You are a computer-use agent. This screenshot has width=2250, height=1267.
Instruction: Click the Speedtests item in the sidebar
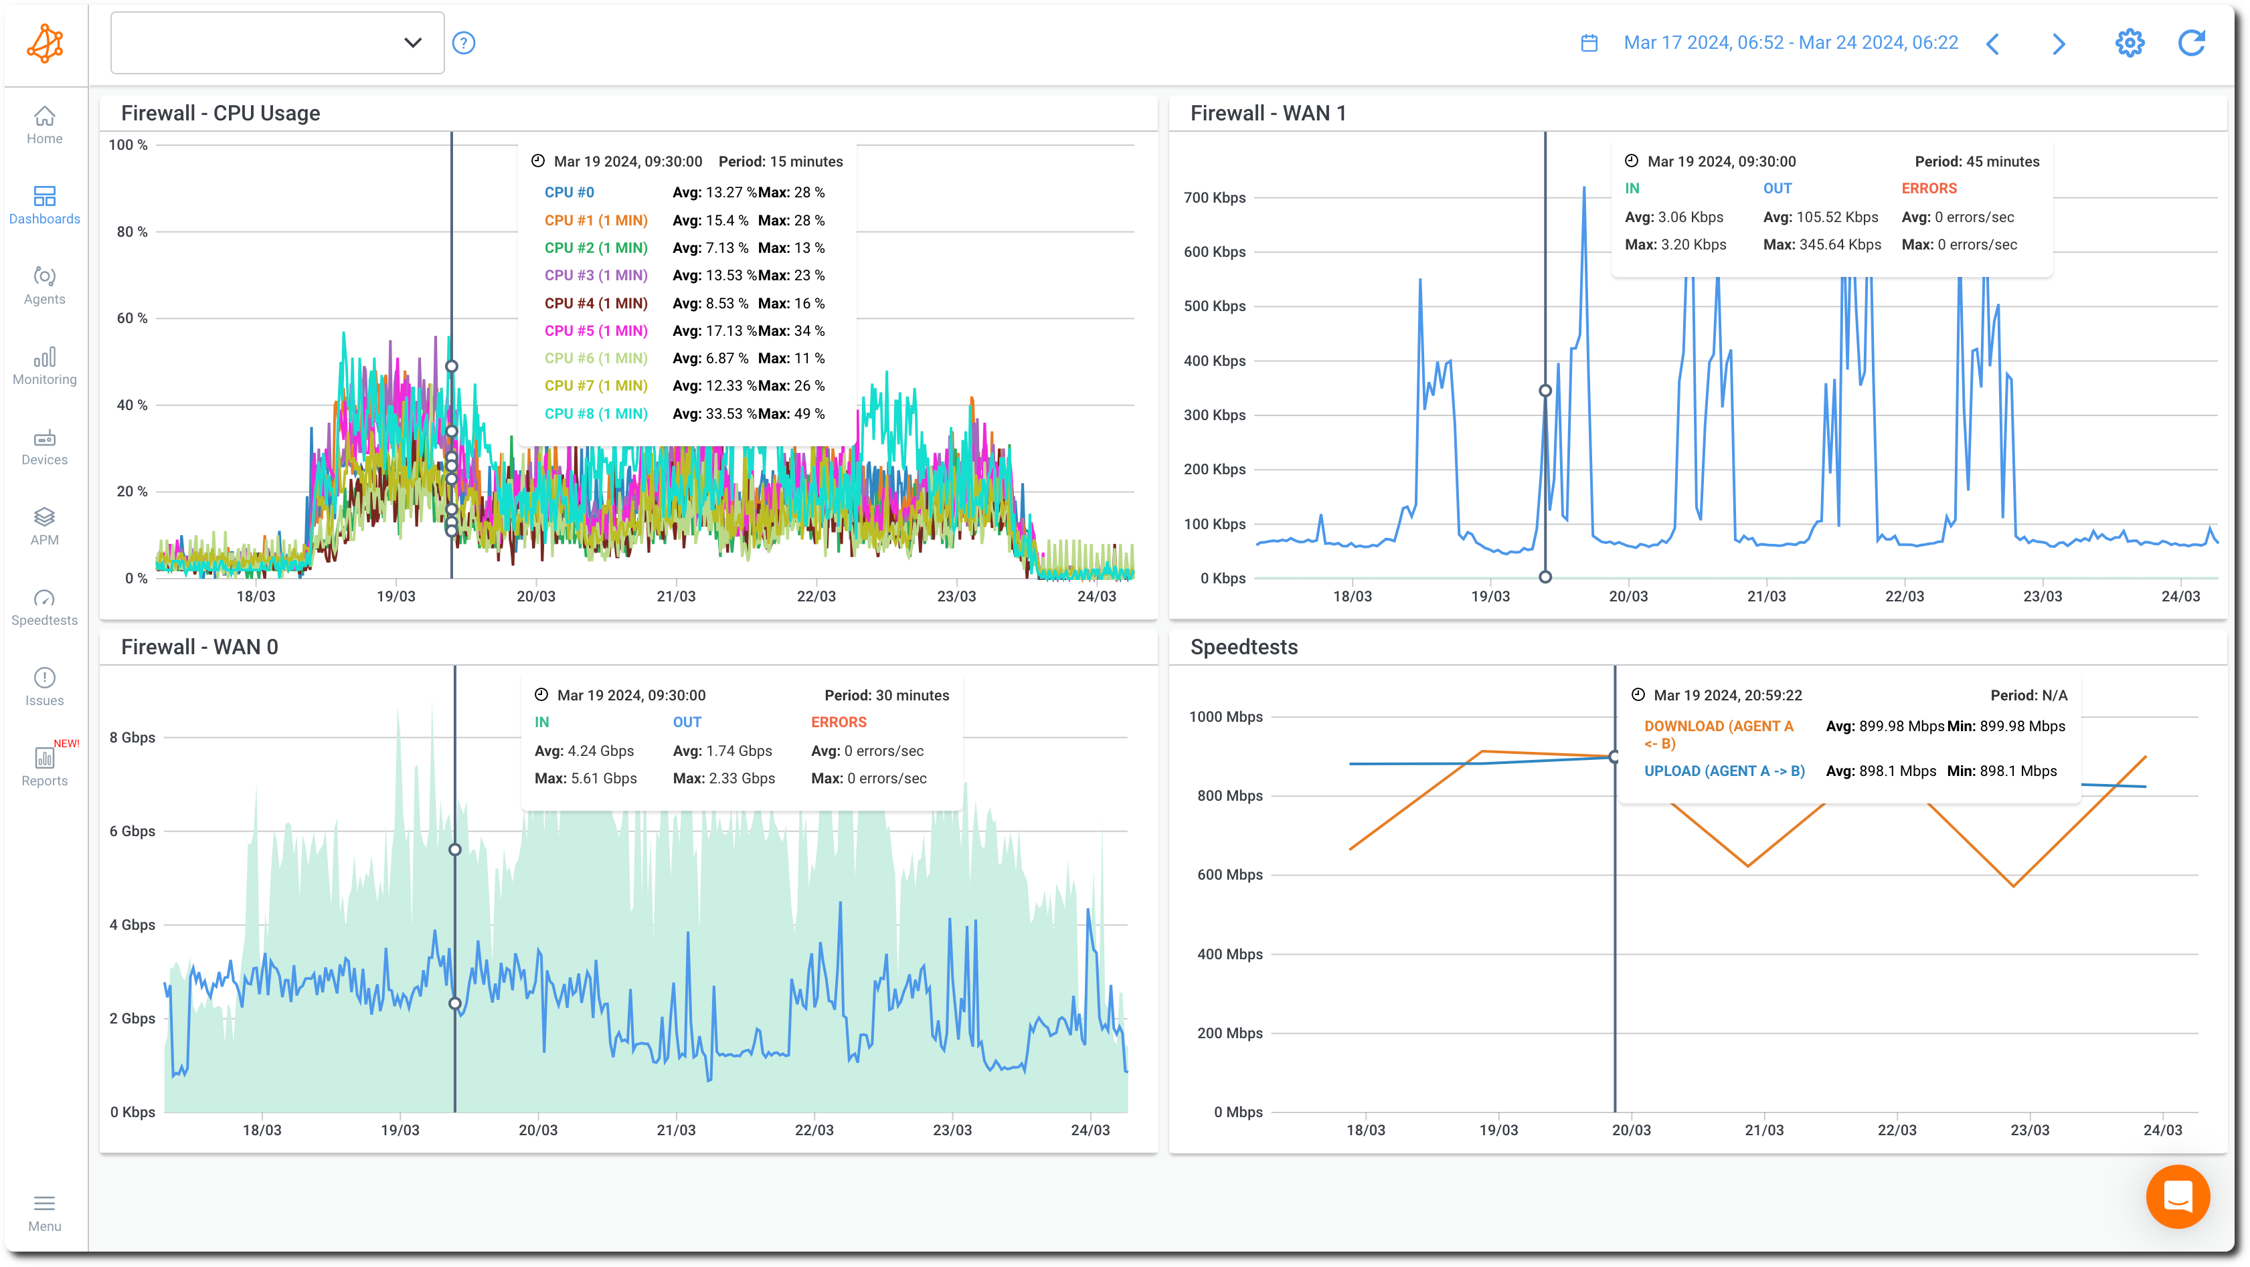point(45,607)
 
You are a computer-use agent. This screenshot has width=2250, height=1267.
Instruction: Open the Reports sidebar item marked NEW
point(45,766)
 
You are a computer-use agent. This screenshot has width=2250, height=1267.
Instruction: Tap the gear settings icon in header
point(2130,43)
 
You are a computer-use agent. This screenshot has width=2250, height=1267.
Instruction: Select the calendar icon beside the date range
point(1589,43)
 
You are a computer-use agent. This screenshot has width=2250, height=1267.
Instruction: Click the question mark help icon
point(464,43)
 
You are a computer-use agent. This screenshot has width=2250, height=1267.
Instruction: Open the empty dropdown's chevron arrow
point(412,43)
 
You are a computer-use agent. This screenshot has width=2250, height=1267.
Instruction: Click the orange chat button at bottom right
point(2178,1196)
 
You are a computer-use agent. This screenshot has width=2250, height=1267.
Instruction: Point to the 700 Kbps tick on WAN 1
point(1214,198)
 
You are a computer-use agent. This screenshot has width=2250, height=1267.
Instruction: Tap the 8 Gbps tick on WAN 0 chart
point(132,738)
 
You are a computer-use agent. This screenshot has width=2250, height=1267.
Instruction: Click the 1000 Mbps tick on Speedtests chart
point(1225,717)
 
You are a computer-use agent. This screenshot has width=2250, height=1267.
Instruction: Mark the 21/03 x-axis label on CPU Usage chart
point(676,597)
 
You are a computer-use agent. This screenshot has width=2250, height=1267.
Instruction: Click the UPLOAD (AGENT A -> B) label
point(1724,771)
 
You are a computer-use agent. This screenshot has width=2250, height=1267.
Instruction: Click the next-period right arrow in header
point(2059,43)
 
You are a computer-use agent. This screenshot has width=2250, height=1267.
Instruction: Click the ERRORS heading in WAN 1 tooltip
point(1929,189)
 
